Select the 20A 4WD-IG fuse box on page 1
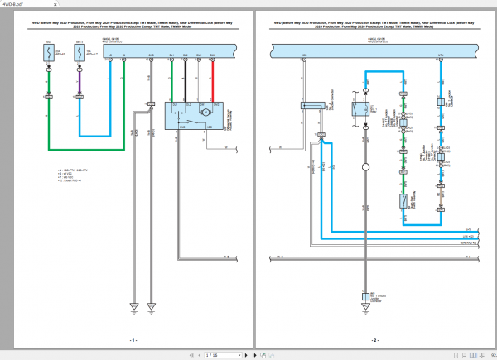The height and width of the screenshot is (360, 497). coord(48,54)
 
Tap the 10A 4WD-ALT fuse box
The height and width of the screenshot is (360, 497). coord(80,54)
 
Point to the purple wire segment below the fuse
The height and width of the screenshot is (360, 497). coord(80,83)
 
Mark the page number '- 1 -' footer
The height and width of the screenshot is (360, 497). coord(132,340)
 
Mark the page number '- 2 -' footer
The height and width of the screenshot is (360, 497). coord(374,340)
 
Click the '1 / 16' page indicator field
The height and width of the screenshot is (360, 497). coord(213,355)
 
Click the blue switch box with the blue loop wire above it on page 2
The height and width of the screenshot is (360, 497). coord(364,108)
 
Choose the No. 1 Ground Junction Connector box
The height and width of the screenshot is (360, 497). coord(364,295)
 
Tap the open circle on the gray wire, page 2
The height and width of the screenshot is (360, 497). coord(364,166)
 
